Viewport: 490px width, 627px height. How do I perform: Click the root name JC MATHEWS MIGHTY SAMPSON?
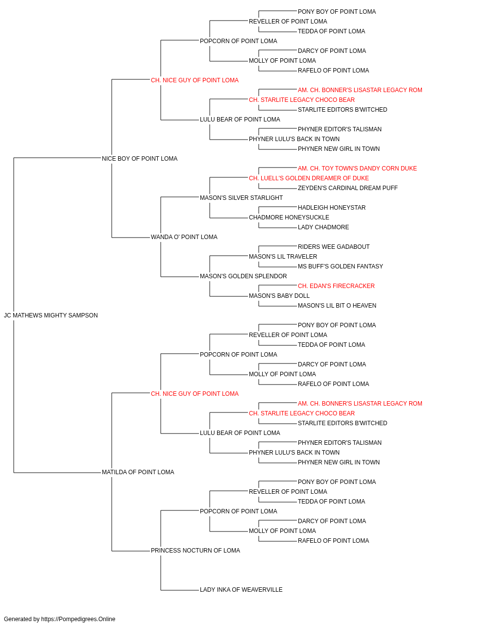click(x=51, y=315)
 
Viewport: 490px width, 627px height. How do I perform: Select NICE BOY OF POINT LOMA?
click(x=140, y=159)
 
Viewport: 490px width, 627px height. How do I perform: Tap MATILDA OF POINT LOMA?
click(x=138, y=472)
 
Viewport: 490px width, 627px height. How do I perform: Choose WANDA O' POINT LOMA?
click(x=184, y=237)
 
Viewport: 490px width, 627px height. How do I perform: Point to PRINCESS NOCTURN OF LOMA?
click(x=196, y=551)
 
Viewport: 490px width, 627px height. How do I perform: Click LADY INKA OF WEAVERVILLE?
click(x=241, y=590)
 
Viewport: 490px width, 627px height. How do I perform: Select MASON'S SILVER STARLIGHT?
click(x=241, y=198)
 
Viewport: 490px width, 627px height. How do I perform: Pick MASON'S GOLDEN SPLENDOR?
click(x=243, y=276)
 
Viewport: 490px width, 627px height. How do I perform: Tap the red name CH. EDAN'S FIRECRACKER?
click(x=336, y=286)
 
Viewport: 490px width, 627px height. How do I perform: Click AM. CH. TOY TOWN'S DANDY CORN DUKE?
click(x=357, y=169)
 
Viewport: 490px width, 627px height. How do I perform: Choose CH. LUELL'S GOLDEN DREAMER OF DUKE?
click(x=309, y=178)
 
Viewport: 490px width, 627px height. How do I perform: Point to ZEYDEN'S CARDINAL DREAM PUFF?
click(x=348, y=188)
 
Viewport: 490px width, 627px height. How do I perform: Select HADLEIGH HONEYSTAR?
click(x=332, y=208)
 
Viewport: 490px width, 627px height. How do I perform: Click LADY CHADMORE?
click(x=323, y=227)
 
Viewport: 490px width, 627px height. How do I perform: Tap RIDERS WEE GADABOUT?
click(x=334, y=247)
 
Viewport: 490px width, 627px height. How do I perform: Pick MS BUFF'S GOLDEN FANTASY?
click(x=340, y=266)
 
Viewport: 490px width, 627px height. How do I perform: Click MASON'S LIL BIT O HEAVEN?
click(x=337, y=306)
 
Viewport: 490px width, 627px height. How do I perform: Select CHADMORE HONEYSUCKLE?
click(x=289, y=217)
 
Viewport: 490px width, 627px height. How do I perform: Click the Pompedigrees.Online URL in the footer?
click(x=78, y=619)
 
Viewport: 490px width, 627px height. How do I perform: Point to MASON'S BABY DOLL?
click(x=279, y=296)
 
